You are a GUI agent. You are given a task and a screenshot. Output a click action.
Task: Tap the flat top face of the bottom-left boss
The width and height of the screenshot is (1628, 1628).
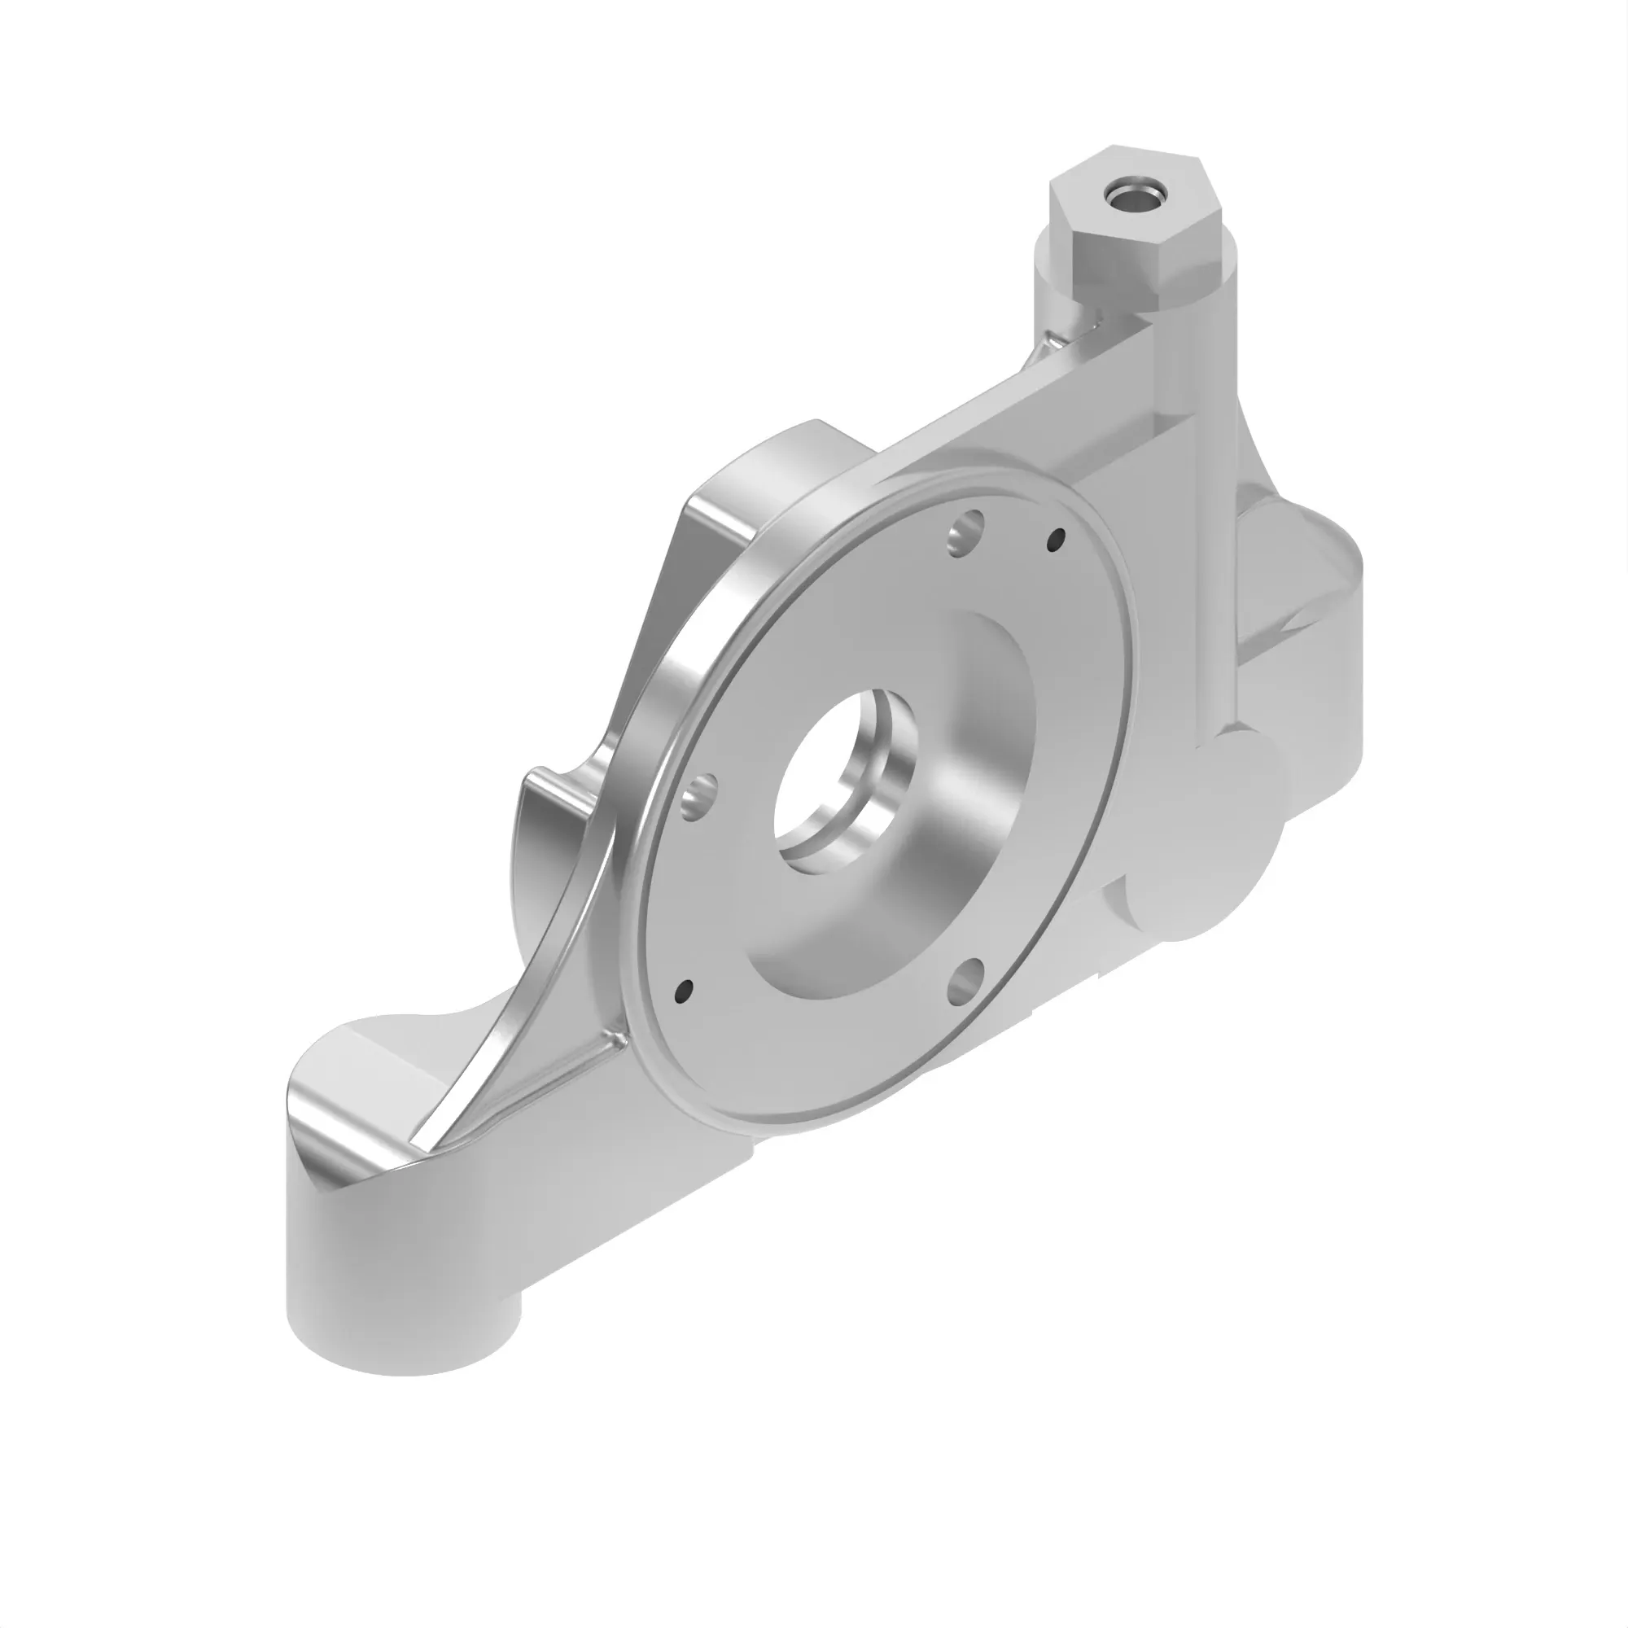(x=362, y=1087)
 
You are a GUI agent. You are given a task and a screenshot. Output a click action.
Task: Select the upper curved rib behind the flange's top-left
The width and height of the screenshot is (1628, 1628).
(x=759, y=497)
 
